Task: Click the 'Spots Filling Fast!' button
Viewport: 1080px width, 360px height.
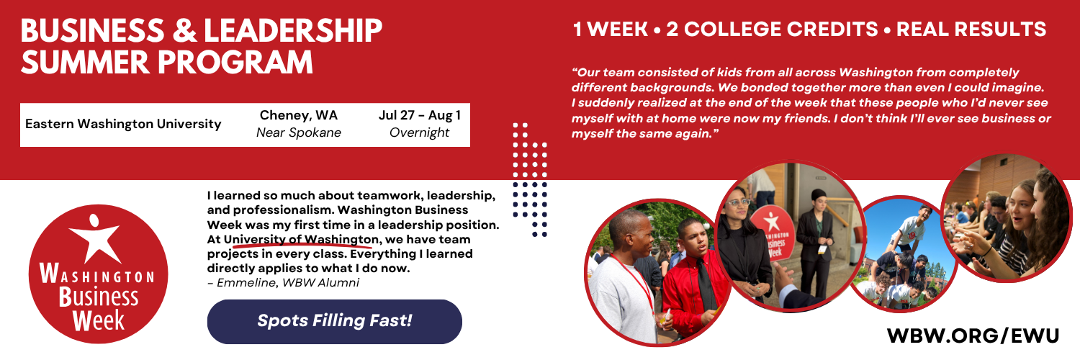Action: (334, 321)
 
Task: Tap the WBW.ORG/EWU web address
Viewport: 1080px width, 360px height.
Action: (973, 336)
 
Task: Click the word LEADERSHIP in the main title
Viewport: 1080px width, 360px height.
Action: (294, 32)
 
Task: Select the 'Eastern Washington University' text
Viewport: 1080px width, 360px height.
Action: (123, 125)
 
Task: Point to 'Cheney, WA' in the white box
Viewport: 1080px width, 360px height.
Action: (298, 115)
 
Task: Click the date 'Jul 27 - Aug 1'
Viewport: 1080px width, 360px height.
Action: (419, 115)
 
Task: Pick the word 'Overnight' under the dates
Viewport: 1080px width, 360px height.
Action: (419, 133)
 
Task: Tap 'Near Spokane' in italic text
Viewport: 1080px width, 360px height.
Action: (299, 133)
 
